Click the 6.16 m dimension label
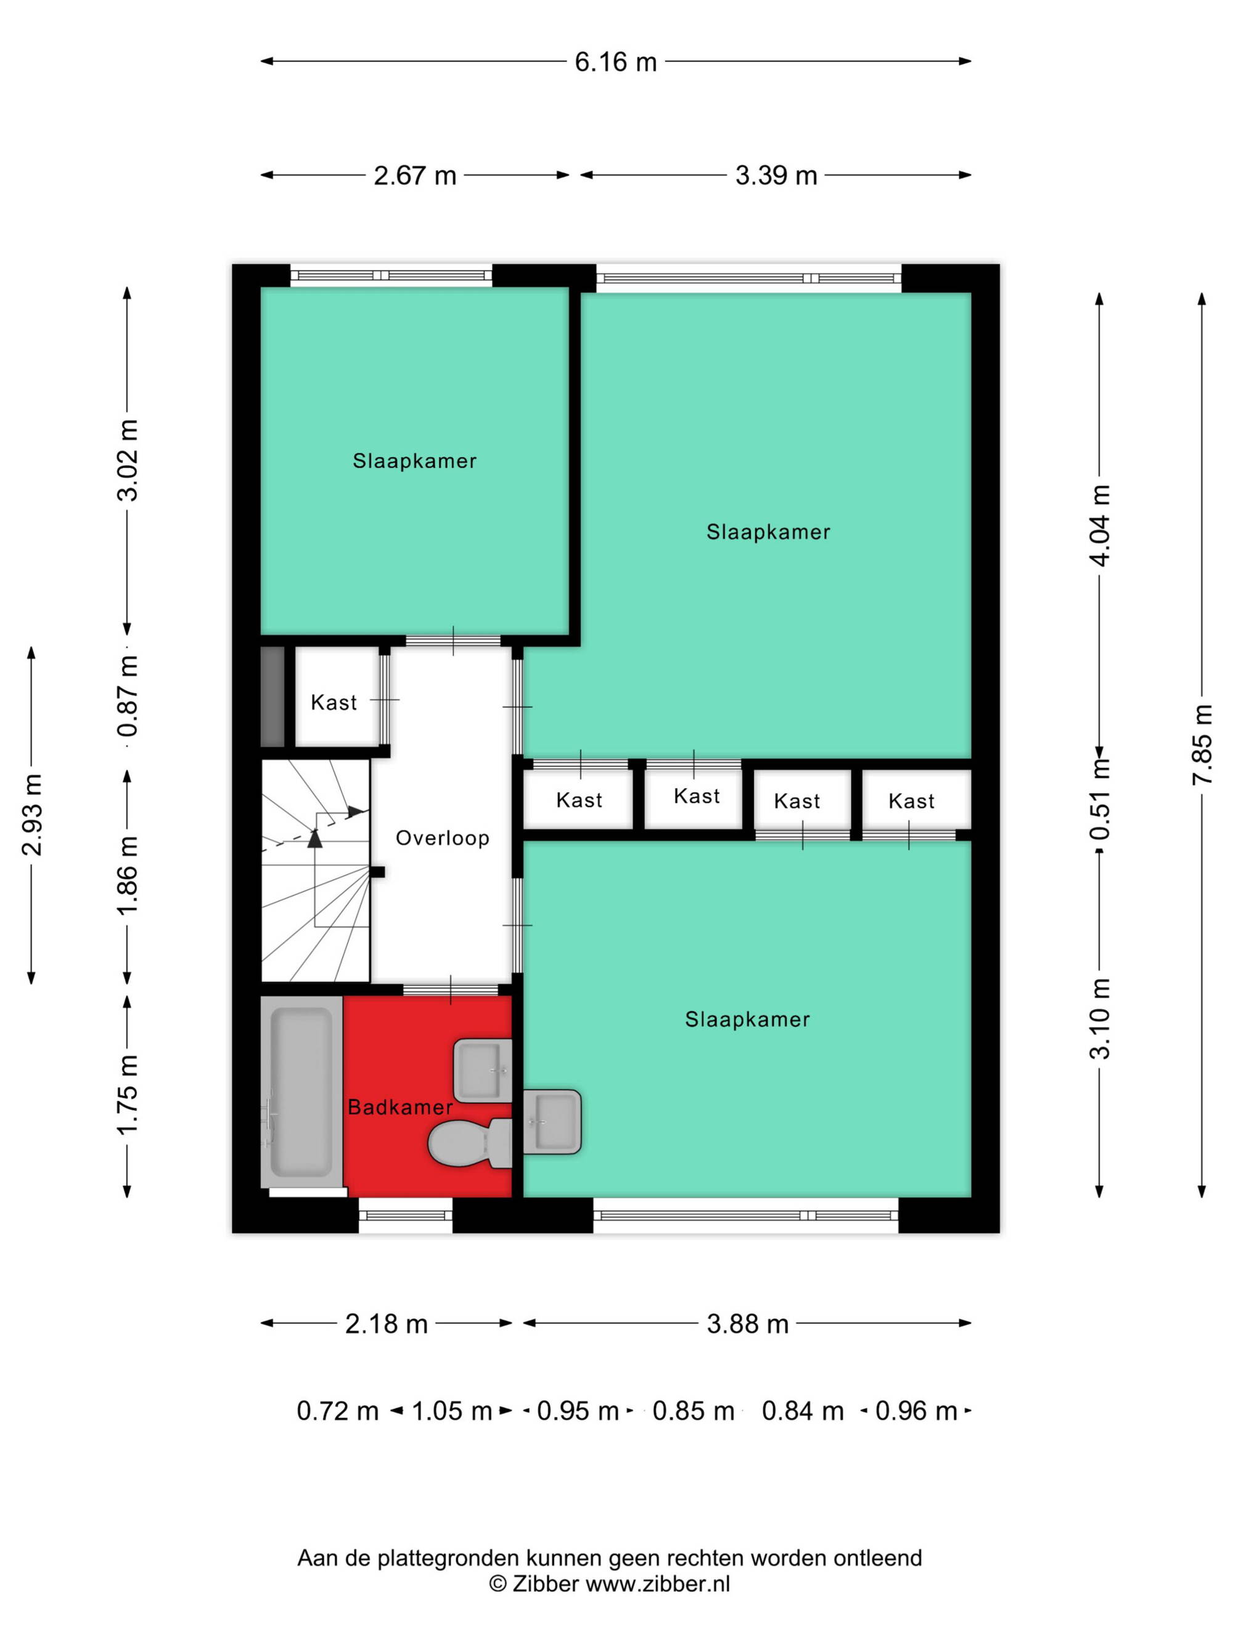(615, 62)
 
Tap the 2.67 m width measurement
(415, 176)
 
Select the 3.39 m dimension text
(776, 176)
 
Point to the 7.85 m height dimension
(1202, 744)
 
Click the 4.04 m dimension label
(1099, 525)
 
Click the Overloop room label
(442, 838)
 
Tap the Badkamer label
(400, 1108)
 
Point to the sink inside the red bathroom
(482, 1070)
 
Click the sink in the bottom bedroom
(552, 1122)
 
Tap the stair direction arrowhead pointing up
(315, 838)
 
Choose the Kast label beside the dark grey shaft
(334, 703)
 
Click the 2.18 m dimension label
(387, 1325)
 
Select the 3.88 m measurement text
(747, 1325)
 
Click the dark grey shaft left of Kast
(272, 697)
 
